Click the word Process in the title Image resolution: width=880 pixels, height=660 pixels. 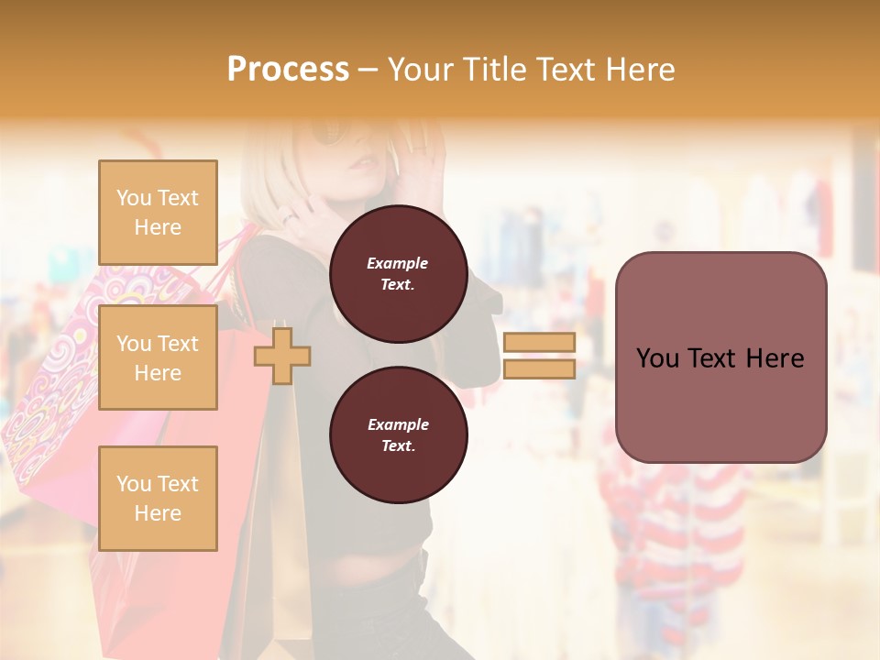288,70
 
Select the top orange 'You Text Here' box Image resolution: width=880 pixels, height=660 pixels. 158,213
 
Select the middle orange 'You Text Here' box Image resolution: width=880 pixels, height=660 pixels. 158,357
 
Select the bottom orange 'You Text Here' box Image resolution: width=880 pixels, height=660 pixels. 158,498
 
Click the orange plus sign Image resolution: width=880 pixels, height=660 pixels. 282,356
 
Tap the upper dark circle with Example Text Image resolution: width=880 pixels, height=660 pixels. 398,274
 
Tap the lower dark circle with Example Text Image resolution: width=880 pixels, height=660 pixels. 398,435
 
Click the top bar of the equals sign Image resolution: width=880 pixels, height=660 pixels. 539,342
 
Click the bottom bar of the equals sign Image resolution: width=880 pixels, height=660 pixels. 539,368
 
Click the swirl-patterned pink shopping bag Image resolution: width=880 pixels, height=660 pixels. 55,385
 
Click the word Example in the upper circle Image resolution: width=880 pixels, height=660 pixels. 397,263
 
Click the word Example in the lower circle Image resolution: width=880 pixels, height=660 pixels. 398,424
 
